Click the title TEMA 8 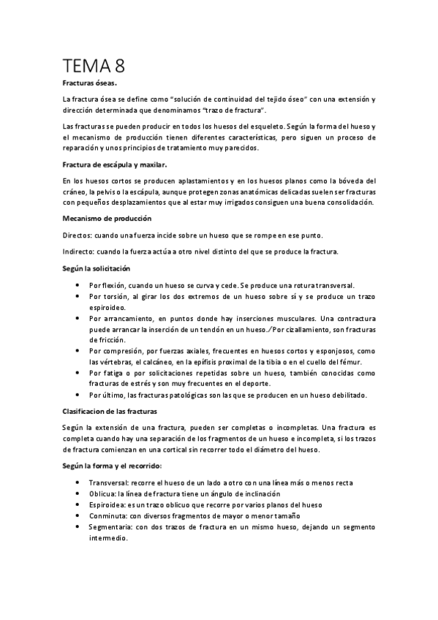coord(94,67)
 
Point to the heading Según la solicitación coord(97,269)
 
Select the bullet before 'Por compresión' coord(78,351)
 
